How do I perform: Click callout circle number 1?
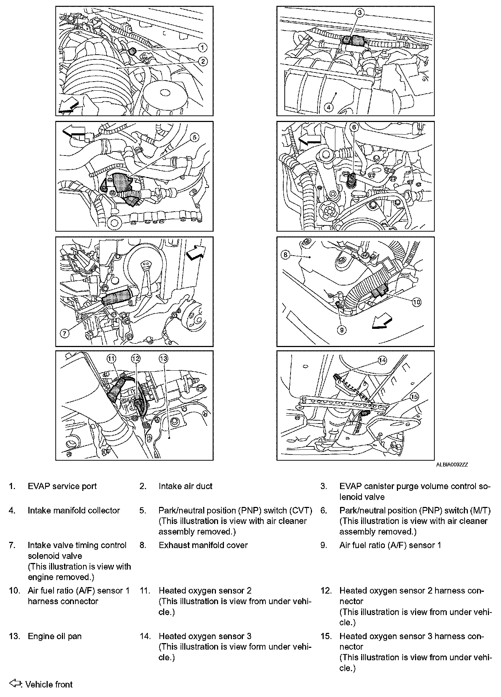[202, 47]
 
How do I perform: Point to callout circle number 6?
[354, 127]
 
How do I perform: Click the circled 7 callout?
[64, 333]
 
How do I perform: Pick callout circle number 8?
[285, 255]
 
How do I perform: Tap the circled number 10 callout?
[417, 302]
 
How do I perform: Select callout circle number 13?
[163, 359]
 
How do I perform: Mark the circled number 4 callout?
[328, 107]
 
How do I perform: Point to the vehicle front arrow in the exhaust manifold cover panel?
[382, 323]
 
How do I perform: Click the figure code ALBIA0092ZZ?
[452, 465]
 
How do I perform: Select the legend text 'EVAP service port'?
[62, 486]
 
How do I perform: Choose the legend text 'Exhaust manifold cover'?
[203, 545]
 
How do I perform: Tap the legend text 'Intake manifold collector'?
[74, 511]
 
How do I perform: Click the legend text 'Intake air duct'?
[185, 486]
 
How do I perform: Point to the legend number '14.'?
[145, 636]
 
